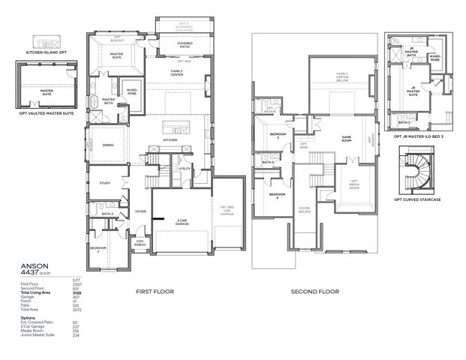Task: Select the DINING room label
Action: point(108,145)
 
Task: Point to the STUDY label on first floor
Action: point(105,182)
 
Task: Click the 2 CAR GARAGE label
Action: point(182,222)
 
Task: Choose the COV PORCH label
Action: point(140,242)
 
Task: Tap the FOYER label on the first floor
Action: point(140,211)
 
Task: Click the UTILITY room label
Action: point(185,169)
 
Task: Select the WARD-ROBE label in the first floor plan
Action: point(132,92)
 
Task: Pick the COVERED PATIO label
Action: point(185,44)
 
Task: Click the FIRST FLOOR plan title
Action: point(156,292)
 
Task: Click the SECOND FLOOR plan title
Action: point(314,292)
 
